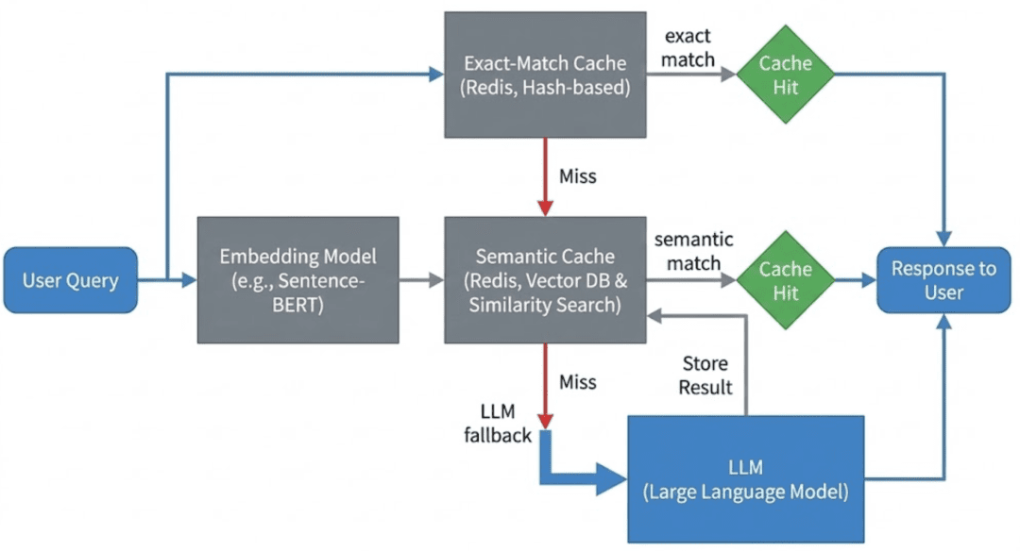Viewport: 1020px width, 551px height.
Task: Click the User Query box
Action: pos(71,280)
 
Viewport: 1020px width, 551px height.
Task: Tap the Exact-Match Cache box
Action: pos(545,75)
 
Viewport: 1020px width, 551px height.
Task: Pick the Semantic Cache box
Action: pos(545,280)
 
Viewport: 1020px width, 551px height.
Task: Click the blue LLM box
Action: pos(745,478)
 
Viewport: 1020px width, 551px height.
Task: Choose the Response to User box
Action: pos(943,280)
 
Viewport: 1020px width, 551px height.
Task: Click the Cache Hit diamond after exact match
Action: pos(786,75)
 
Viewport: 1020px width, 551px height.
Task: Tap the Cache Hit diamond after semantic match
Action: pos(786,280)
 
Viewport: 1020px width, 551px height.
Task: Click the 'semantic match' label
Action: pos(693,251)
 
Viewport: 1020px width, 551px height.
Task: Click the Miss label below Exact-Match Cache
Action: pos(577,176)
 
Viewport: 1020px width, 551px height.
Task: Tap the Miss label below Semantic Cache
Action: pos(577,381)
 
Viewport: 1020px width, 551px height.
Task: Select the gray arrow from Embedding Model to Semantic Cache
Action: pos(419,280)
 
